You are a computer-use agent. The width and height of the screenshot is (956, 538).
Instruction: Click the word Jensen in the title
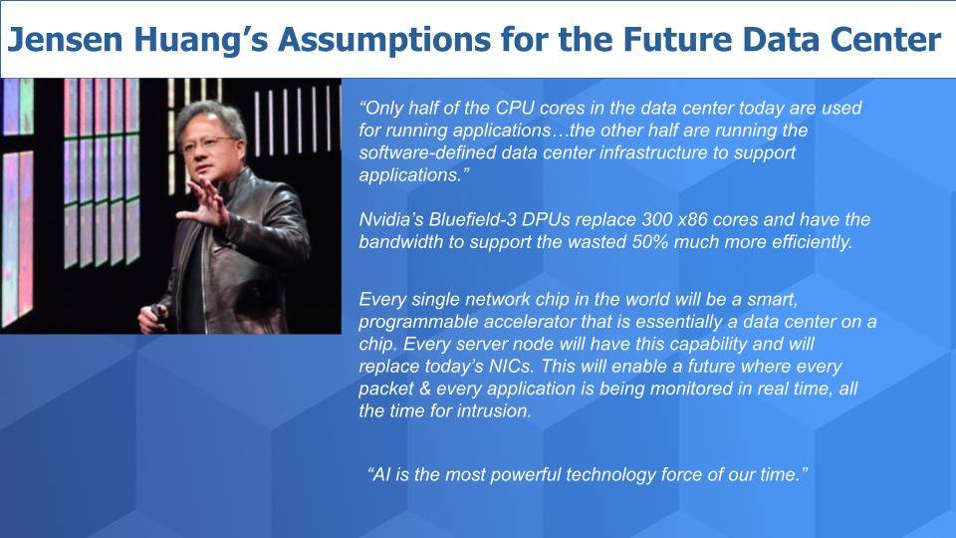tap(65, 40)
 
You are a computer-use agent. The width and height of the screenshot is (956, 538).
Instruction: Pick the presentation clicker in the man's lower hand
tap(156, 311)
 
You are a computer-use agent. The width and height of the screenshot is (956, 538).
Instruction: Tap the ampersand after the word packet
tap(424, 390)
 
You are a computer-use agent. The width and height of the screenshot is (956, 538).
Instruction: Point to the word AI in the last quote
tap(381, 474)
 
